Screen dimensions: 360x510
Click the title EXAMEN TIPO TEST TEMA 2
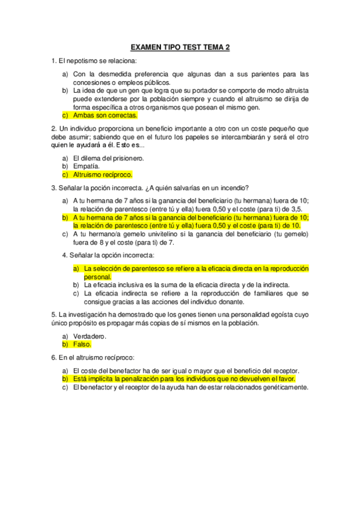(x=180, y=48)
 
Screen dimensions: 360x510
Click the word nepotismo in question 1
(x=78, y=61)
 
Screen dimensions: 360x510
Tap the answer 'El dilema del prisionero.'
(x=108, y=158)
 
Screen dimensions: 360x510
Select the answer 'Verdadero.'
(x=90, y=336)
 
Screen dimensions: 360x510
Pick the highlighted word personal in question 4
(x=98, y=277)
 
